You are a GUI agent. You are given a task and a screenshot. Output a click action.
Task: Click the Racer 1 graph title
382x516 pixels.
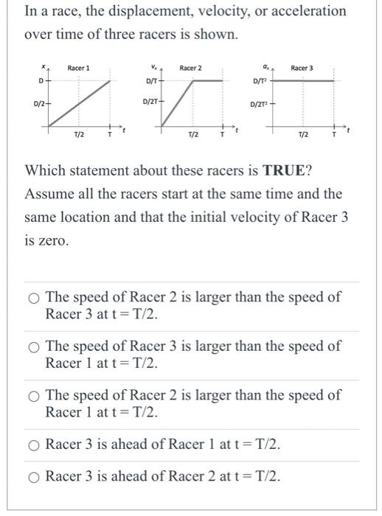click(78, 68)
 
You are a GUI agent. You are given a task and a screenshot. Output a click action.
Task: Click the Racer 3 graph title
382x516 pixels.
click(302, 68)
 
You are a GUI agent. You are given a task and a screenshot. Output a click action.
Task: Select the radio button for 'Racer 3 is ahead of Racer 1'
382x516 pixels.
click(34, 444)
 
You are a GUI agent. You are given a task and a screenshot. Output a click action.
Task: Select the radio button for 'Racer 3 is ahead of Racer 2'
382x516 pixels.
click(34, 477)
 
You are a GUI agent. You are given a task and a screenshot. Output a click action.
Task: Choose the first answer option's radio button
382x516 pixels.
click(34, 298)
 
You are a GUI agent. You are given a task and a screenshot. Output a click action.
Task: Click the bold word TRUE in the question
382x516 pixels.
click(286, 170)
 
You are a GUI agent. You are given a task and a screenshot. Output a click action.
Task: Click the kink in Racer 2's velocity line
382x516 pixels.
click(194, 79)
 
